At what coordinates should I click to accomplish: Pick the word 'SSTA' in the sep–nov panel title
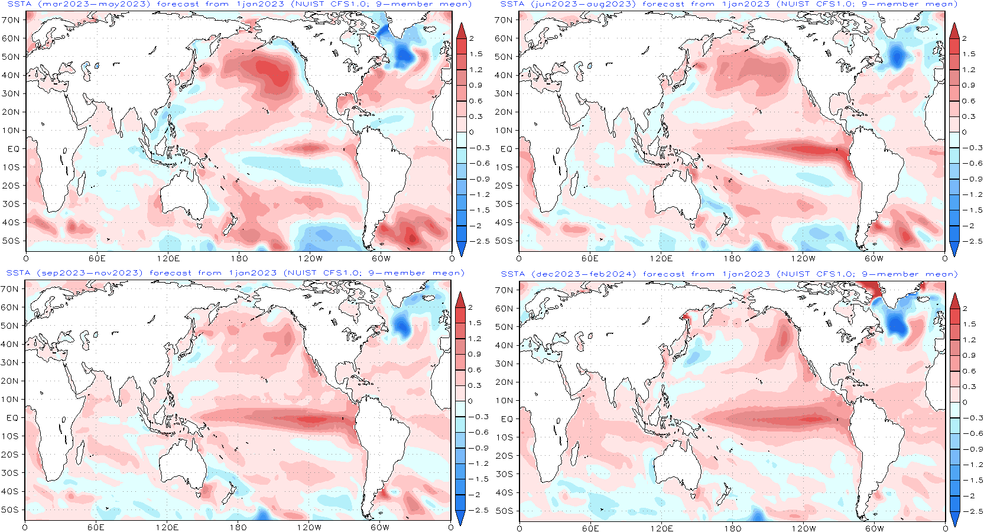tap(18, 273)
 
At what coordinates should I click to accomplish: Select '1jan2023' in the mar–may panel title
tap(260, 4)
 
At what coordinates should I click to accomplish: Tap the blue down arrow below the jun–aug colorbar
tap(954, 249)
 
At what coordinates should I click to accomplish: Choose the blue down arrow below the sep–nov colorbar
tap(460, 518)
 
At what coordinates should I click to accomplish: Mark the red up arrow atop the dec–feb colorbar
tap(954, 300)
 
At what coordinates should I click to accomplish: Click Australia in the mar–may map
tap(183, 195)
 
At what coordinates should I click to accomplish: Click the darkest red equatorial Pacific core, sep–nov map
tap(313, 420)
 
